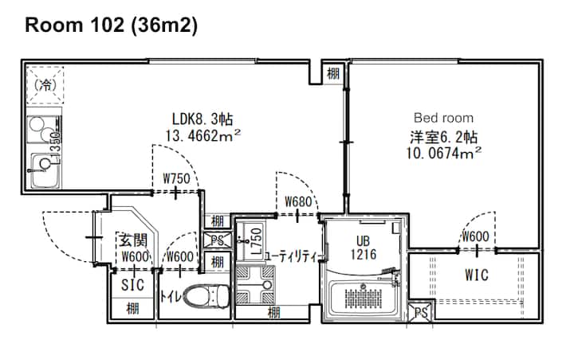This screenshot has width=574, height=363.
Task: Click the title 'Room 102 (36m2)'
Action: tap(112, 25)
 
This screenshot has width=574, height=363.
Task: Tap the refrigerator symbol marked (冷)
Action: tap(45, 85)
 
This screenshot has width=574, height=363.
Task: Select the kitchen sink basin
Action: tap(45, 170)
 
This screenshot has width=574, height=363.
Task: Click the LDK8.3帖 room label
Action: tap(202, 119)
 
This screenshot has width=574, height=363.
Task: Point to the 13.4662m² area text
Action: tap(203, 135)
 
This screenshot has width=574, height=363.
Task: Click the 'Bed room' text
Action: tap(444, 118)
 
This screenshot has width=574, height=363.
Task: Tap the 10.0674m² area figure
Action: tap(444, 153)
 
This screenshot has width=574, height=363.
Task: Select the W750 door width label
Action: tap(177, 179)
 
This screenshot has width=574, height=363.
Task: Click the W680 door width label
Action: tap(298, 201)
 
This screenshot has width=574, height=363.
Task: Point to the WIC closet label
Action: tap(477, 275)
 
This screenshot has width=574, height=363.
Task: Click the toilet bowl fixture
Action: tap(206, 296)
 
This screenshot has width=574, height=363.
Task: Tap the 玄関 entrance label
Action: tap(133, 240)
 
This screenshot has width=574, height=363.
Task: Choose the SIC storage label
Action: tap(132, 285)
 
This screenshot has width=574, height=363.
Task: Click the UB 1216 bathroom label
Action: tap(364, 248)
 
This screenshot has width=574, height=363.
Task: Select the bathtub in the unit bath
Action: tap(363, 299)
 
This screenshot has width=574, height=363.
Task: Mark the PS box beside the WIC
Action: tap(421, 313)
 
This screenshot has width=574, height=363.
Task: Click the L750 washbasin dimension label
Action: tap(258, 241)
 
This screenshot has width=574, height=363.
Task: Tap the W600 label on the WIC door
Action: tap(476, 236)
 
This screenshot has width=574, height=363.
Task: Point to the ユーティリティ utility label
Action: tap(293, 256)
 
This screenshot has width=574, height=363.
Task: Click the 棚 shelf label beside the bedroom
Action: tap(333, 74)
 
